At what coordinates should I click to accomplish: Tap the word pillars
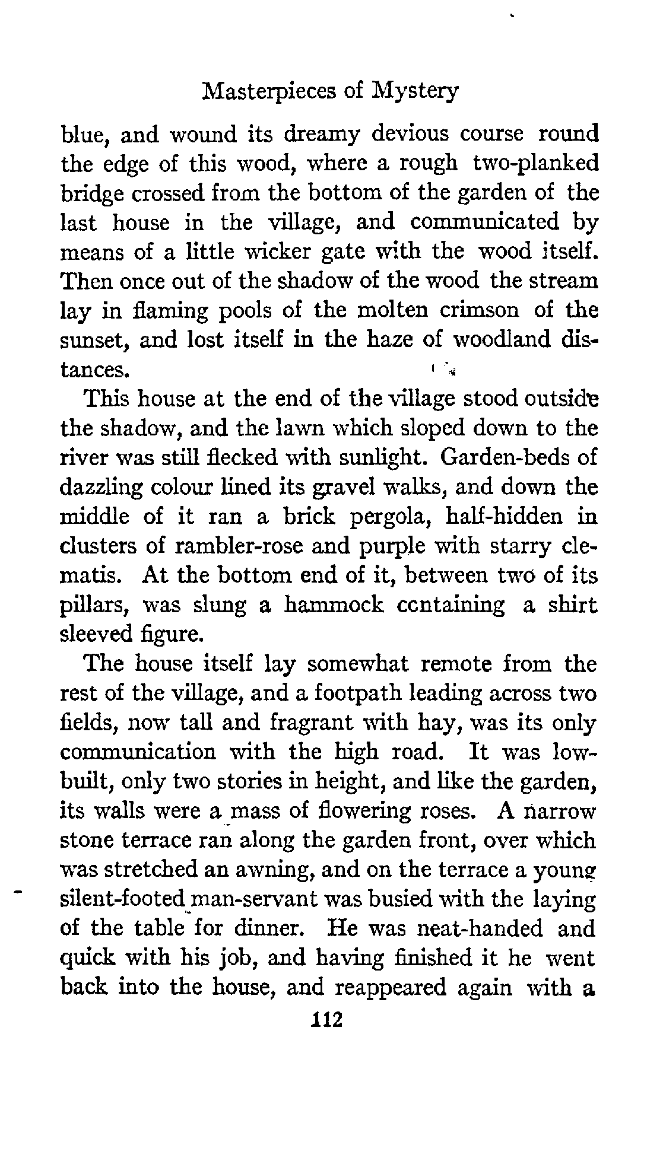pos(97,605)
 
